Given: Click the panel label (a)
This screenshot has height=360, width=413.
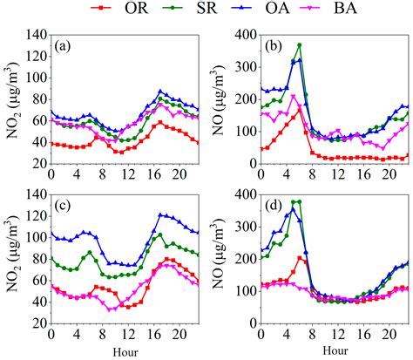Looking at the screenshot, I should [66, 45].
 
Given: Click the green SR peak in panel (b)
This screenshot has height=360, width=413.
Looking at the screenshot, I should [300, 45].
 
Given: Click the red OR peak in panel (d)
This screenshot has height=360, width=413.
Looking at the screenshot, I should [299, 257].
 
